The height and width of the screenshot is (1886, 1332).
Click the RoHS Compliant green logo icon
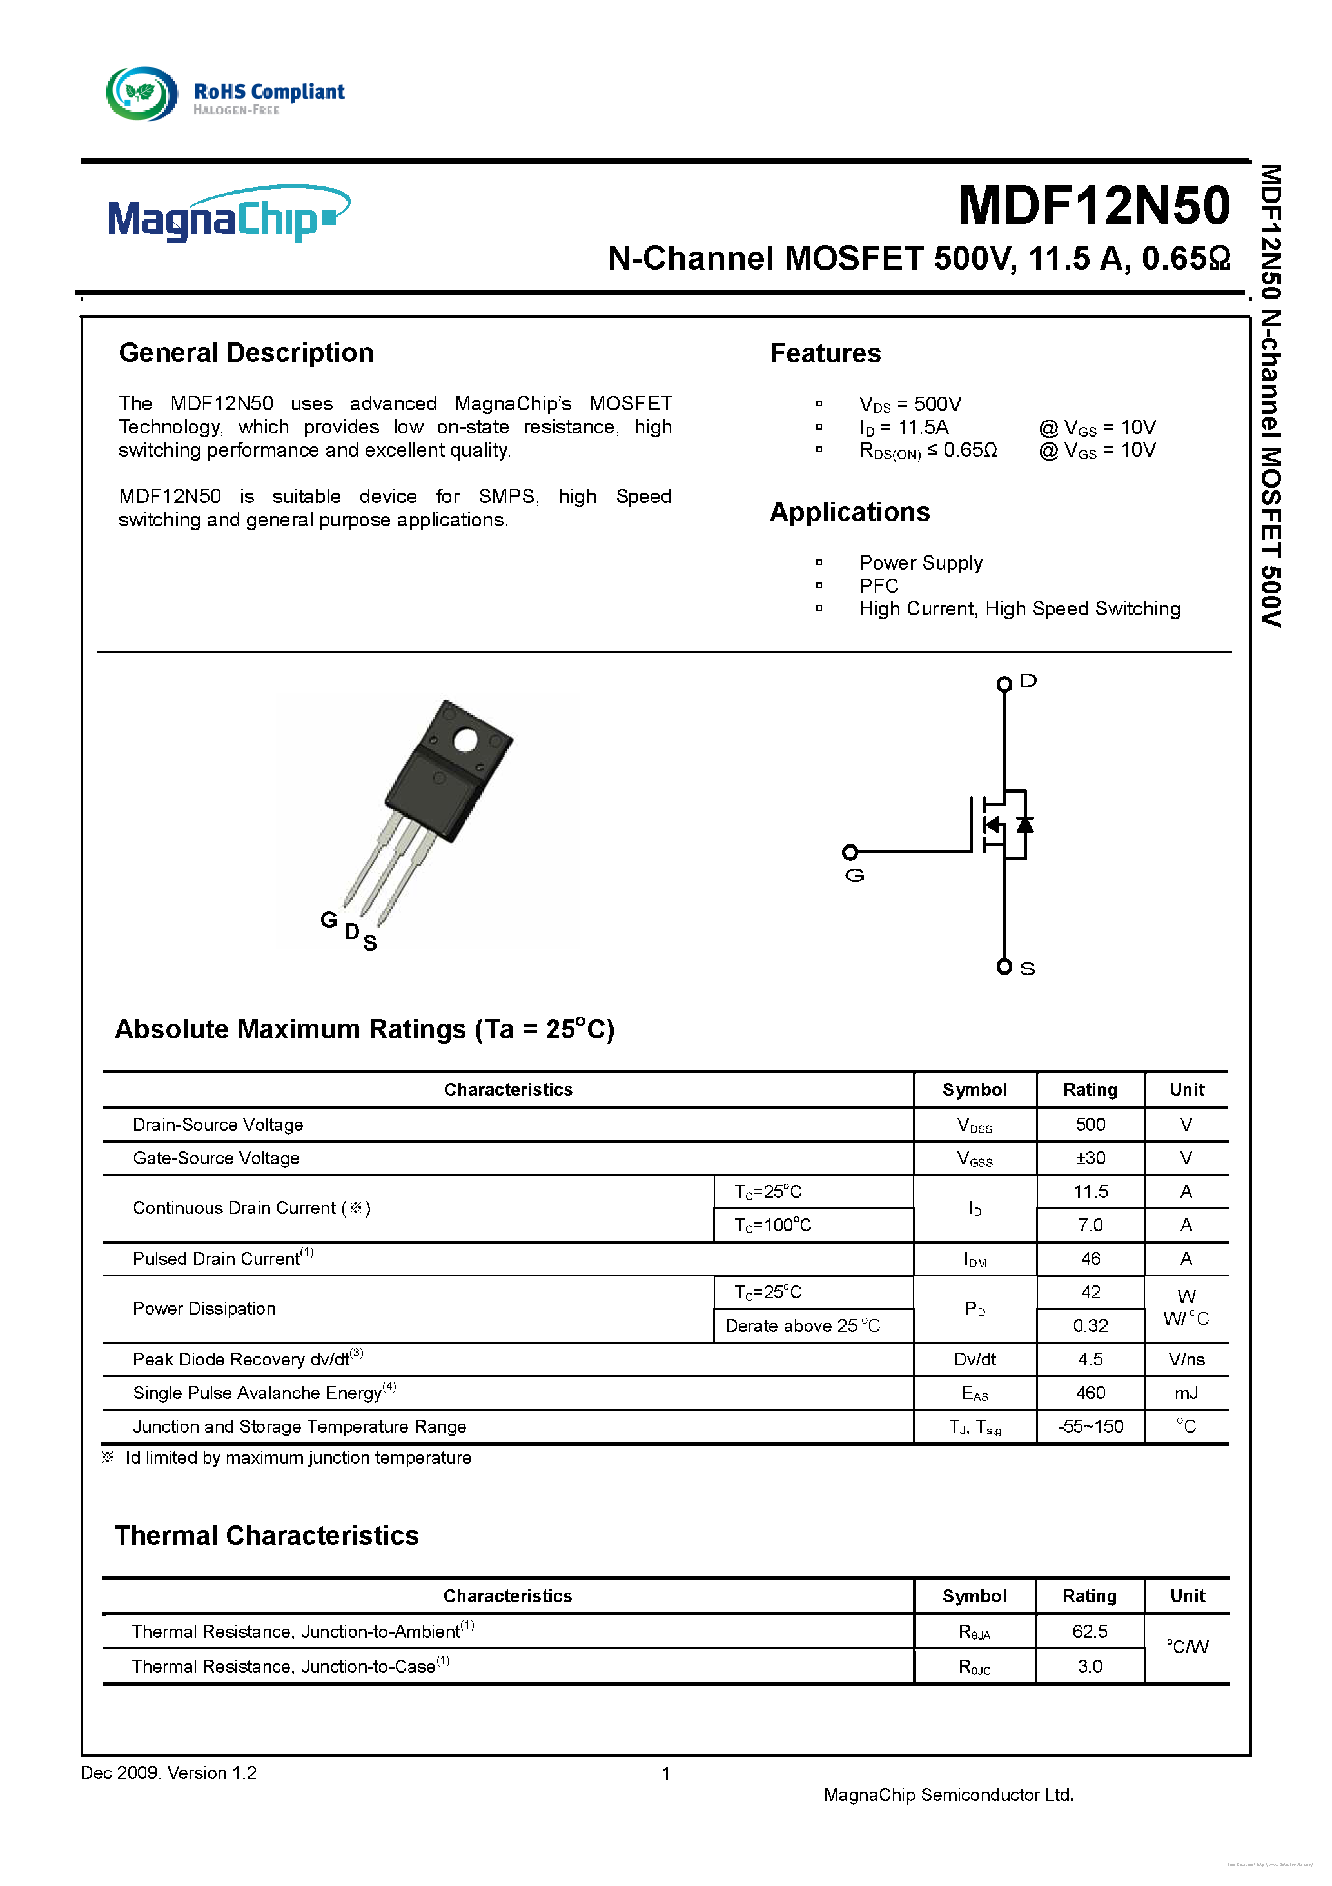pos(141,94)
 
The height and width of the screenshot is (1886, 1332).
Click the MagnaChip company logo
pos(228,215)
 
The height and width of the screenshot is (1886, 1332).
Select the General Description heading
pos(246,353)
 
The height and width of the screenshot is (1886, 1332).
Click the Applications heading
pos(849,513)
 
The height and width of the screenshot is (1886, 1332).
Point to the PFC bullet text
pos(878,586)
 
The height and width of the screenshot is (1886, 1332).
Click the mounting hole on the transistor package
pos(465,741)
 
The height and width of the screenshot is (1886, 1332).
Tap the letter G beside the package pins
pos(328,919)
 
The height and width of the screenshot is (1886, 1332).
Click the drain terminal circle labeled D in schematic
pos(1004,684)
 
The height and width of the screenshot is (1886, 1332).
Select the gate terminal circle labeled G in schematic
pos(850,852)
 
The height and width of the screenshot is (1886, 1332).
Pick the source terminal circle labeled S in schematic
pos(1004,967)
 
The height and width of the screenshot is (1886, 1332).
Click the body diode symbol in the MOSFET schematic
pos(1024,824)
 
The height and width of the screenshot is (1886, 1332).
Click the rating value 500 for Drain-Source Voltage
pos(1090,1124)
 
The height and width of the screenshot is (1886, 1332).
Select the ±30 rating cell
pos(1090,1158)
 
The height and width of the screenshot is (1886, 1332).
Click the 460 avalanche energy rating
pos(1090,1393)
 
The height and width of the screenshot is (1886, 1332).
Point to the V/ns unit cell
pos(1186,1360)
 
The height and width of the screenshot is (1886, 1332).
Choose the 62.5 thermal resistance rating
pos(1089,1631)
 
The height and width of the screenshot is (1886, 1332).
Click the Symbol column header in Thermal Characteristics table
pos(974,1596)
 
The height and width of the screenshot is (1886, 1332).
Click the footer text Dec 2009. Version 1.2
pos(168,1772)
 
